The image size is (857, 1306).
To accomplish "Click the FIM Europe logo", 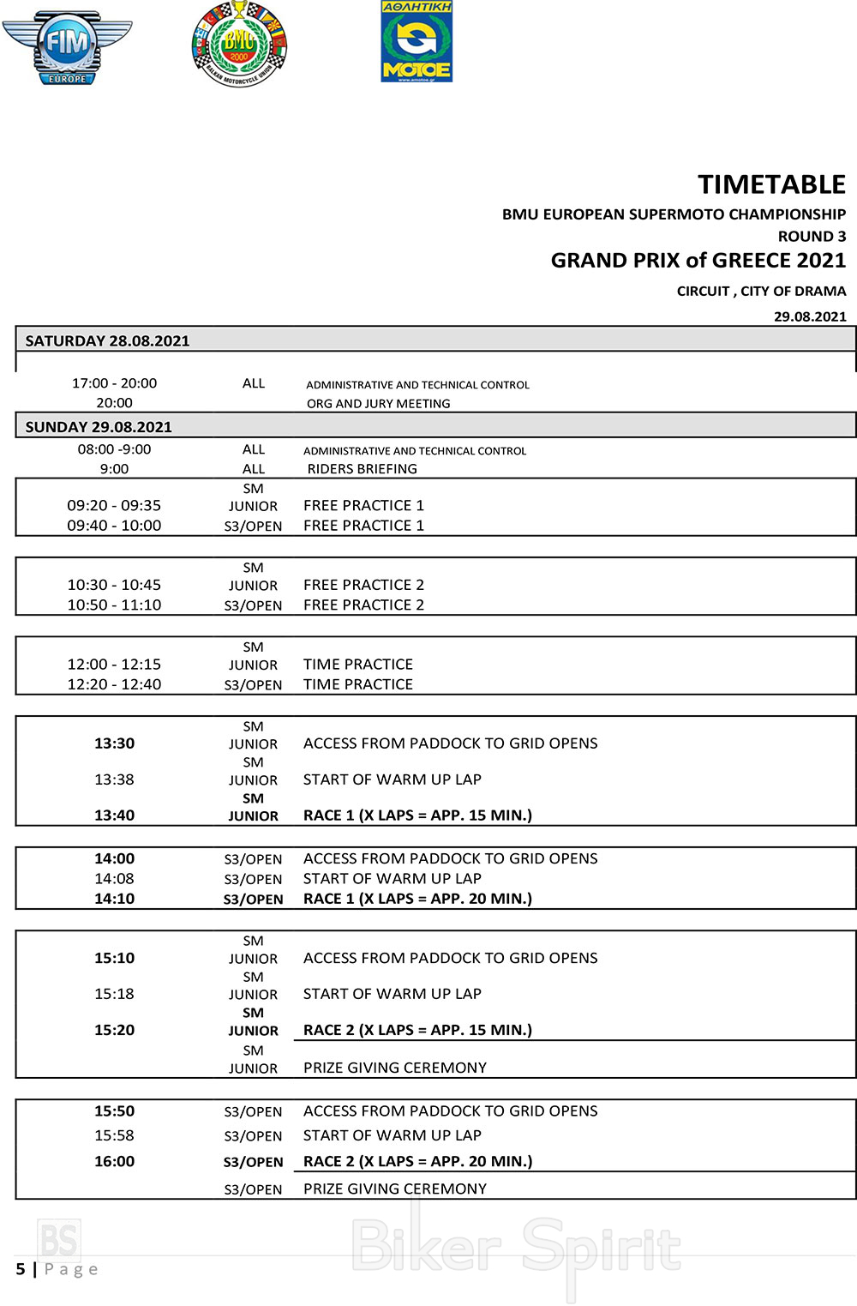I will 67,47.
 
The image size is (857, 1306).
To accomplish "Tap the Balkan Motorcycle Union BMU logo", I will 239,44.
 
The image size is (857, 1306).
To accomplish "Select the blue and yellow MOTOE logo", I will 417,42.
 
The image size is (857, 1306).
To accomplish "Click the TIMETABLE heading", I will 771,184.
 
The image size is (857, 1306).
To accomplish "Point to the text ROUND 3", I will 812,236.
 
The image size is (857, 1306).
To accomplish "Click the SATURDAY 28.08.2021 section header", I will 107,340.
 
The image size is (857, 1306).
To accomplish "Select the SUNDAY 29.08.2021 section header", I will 99,426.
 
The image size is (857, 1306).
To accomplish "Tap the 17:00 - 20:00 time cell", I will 114,383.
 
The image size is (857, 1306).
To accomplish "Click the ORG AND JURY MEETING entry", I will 378,403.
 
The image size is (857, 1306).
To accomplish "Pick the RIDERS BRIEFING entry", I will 362,469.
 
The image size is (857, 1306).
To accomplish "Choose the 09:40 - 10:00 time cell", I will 114,526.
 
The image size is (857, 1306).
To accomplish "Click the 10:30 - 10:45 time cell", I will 114,585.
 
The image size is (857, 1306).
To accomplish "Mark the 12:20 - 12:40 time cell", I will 114,684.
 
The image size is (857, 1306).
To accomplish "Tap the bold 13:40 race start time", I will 114,815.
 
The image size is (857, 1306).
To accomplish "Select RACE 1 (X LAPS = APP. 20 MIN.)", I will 417,899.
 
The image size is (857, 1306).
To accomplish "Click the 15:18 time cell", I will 114,994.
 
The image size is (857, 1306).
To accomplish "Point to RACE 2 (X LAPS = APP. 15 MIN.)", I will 417,1030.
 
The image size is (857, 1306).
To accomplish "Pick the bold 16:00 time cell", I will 114,1161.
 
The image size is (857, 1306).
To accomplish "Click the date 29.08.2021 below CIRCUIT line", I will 810,316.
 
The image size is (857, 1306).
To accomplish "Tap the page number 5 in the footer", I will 21,1268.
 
